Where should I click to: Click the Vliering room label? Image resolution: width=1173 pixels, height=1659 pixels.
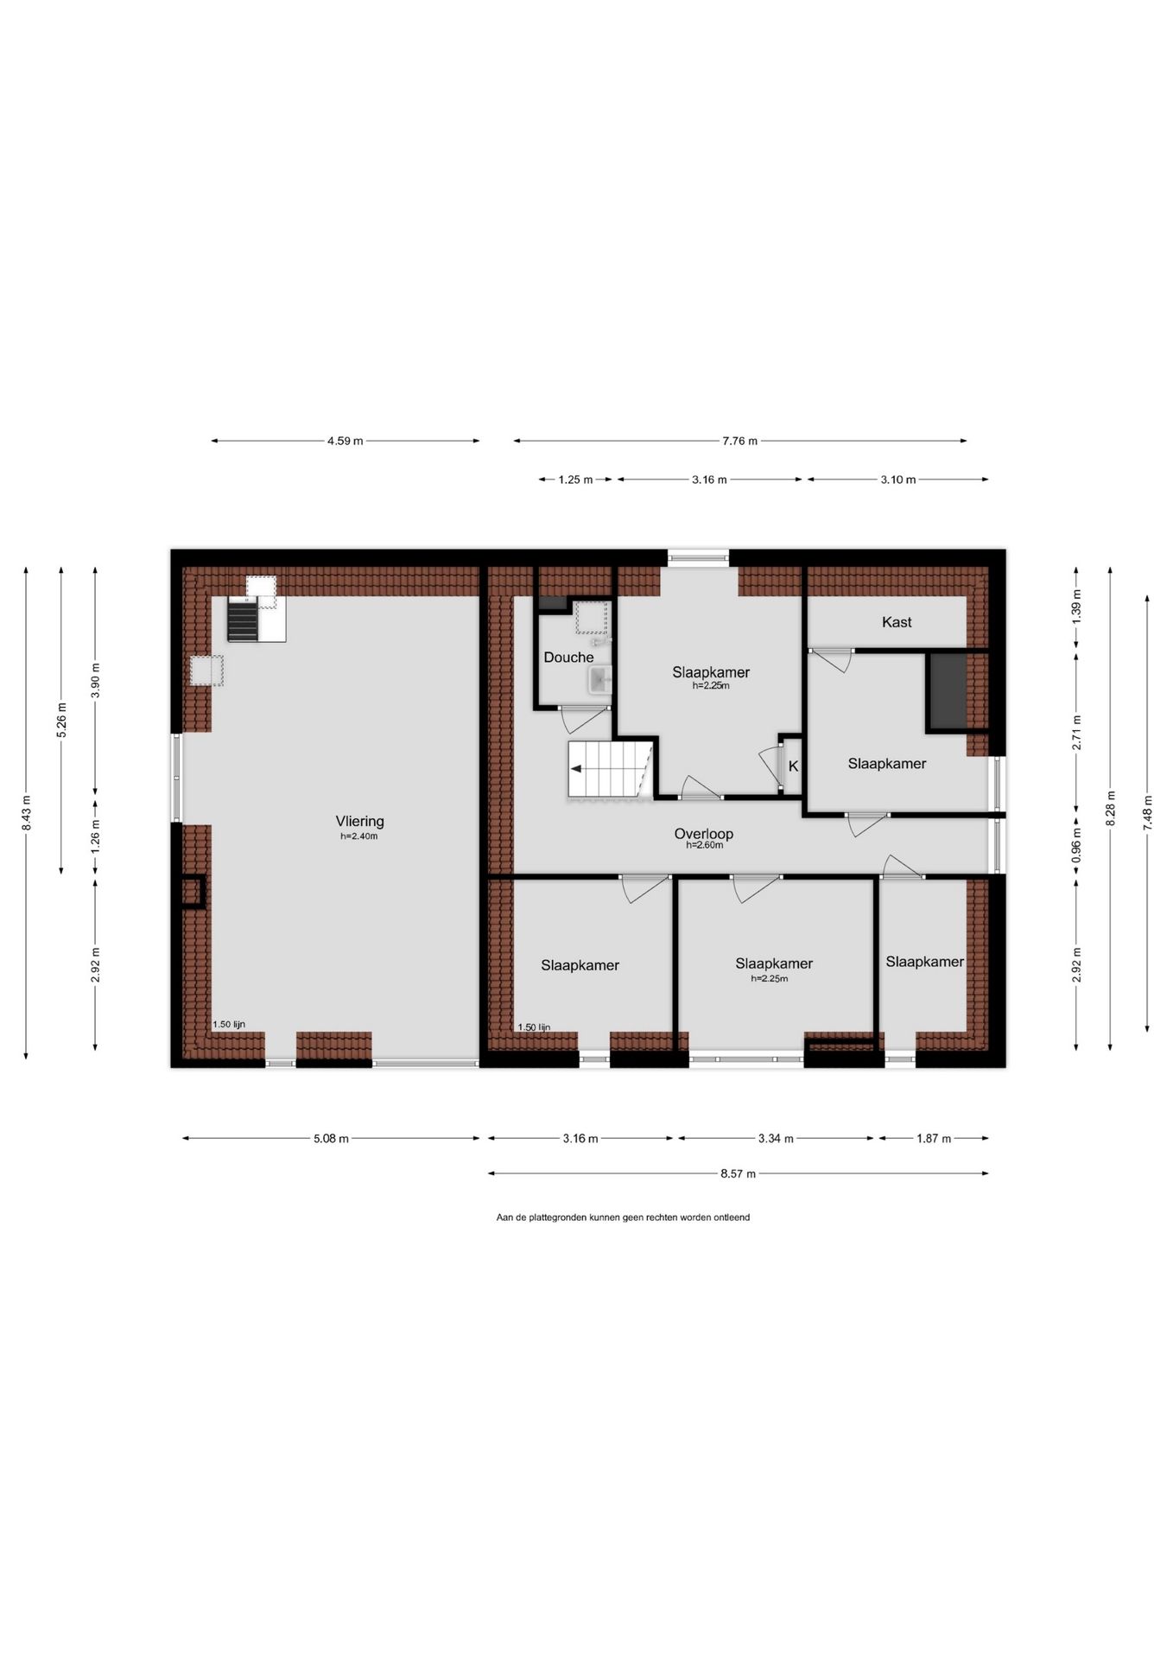359,822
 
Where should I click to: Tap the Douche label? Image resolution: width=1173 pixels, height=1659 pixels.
568,658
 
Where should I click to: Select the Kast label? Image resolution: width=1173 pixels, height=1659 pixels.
897,622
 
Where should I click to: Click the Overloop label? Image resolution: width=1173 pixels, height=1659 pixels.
704,834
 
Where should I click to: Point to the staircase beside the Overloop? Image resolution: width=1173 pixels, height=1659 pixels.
609,768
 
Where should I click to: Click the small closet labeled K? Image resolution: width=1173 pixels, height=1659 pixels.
793,766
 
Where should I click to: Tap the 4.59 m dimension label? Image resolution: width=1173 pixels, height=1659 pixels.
346,442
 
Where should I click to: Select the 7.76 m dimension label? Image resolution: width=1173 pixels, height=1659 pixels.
740,442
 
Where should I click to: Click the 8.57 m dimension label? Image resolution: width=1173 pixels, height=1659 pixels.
739,1174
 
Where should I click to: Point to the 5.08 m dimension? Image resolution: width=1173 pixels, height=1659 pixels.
331,1139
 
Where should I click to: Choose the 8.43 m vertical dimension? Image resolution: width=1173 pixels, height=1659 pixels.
27,813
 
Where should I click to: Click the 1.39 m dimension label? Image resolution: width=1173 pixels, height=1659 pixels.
1076,607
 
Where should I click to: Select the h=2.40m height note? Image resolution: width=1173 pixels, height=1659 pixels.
359,836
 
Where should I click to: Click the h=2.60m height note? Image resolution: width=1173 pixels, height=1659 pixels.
705,845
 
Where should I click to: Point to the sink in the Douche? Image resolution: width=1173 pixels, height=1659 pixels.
600,680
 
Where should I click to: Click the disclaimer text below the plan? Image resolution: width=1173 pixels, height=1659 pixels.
623,1217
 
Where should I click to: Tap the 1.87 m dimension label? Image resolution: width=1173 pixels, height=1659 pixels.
934,1139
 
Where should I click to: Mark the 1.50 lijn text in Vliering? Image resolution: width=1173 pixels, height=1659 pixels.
229,1025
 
